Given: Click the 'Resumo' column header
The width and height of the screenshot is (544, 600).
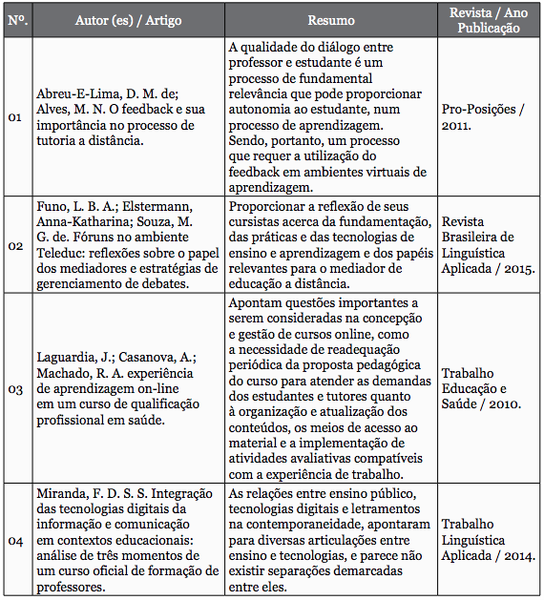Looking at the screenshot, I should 331,20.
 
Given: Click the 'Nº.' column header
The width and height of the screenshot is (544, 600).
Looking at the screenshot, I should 16,20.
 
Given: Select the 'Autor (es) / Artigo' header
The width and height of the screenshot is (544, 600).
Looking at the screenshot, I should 129,20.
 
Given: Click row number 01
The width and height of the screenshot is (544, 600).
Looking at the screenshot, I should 15,117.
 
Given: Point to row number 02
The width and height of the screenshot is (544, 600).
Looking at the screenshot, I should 15,245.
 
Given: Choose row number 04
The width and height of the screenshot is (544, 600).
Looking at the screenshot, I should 15,541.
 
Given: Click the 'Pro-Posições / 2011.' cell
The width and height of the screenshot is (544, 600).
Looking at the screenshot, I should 483,117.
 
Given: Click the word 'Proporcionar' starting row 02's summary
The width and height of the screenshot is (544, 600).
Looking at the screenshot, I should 270,206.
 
